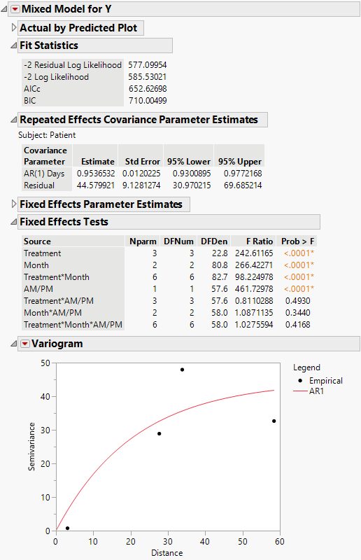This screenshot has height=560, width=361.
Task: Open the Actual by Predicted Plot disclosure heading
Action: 81,28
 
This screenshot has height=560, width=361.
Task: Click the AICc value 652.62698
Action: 148,89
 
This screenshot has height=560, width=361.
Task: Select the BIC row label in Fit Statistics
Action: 31,101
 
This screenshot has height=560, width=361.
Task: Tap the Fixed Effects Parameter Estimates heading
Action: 101,204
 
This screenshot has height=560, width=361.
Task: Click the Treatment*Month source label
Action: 56,276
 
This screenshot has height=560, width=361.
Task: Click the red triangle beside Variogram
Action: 25,344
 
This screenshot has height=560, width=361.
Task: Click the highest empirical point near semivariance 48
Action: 182,370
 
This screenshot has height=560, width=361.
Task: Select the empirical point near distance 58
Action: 274,421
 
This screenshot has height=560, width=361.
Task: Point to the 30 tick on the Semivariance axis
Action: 45,430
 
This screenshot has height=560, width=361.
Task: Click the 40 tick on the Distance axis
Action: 205,541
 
